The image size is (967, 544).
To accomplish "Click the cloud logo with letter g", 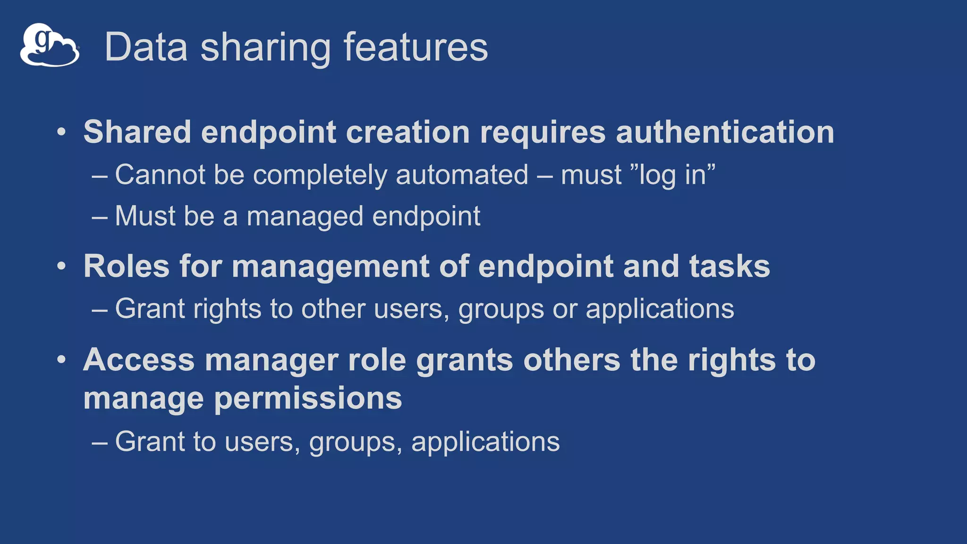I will [49, 45].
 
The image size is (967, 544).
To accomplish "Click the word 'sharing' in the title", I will [265, 47].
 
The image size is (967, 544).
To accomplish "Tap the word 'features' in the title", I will [416, 47].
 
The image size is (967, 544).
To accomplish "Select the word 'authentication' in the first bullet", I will [725, 132].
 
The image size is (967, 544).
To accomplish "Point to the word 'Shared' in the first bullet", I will [137, 132].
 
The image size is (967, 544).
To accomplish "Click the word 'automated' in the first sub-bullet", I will [462, 175].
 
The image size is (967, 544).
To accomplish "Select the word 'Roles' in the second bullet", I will [126, 266].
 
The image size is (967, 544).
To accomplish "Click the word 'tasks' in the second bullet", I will [729, 266].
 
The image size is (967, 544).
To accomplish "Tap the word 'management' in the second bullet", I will [330, 267].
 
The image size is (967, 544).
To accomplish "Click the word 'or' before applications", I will [565, 309].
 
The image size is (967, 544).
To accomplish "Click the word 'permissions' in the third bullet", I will [308, 399].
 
